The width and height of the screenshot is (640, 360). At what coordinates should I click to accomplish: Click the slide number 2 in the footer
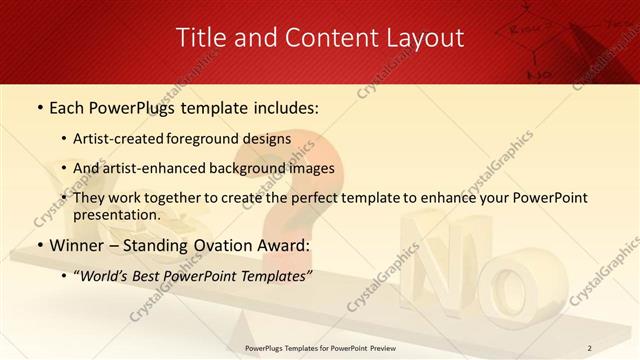pyautogui.click(x=589, y=348)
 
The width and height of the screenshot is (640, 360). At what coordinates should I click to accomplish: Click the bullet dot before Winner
pyautogui.click(x=39, y=246)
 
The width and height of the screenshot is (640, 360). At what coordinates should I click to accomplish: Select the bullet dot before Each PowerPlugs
pyautogui.click(x=39, y=106)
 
